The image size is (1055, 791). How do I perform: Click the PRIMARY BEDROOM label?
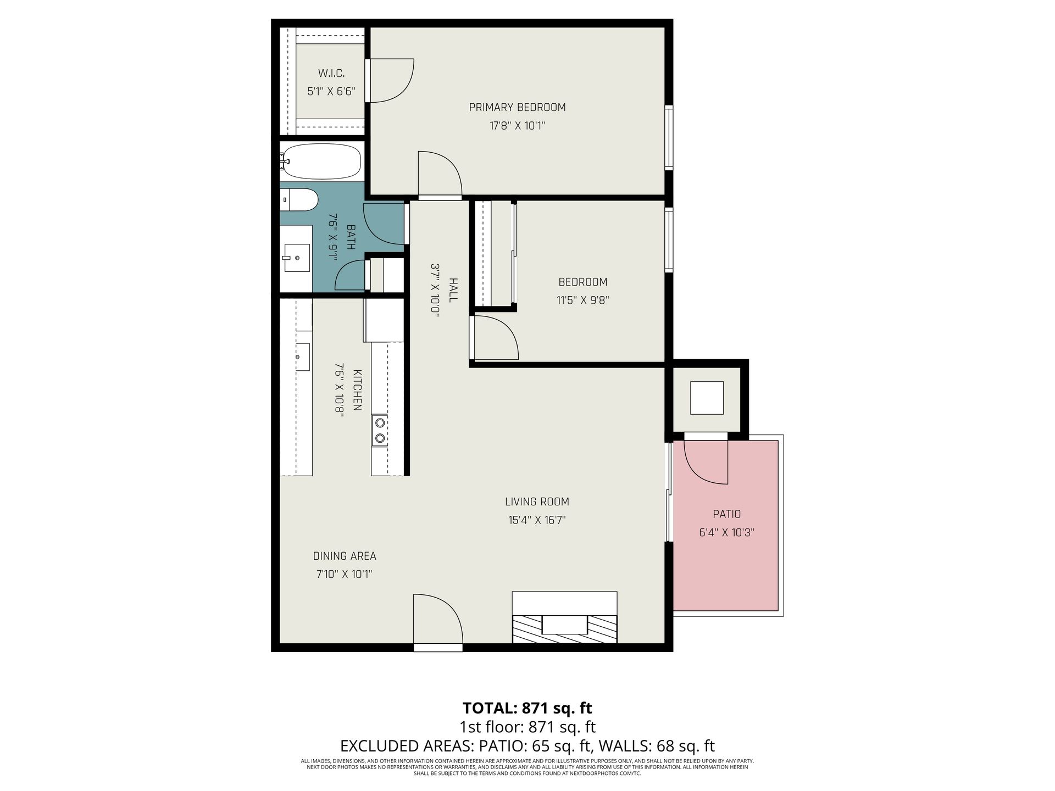point(517,107)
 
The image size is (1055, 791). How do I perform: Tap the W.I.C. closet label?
point(331,73)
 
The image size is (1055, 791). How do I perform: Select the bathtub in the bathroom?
point(320,161)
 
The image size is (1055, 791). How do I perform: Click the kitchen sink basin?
point(303,357)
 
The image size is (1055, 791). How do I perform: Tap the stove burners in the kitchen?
point(380,430)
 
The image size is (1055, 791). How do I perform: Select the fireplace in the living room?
point(564,617)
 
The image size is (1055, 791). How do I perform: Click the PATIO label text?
point(727,514)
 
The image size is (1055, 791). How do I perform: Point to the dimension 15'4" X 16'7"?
point(537,520)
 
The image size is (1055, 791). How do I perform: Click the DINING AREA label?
point(345,556)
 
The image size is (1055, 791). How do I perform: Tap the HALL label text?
point(453,289)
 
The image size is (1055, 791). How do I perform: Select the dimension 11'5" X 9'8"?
point(583,300)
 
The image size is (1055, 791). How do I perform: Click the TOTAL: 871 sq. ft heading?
point(527,708)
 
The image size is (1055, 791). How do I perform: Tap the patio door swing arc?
point(706,463)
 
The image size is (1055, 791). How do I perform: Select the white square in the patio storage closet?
point(707,398)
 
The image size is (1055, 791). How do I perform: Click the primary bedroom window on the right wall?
point(669,137)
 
